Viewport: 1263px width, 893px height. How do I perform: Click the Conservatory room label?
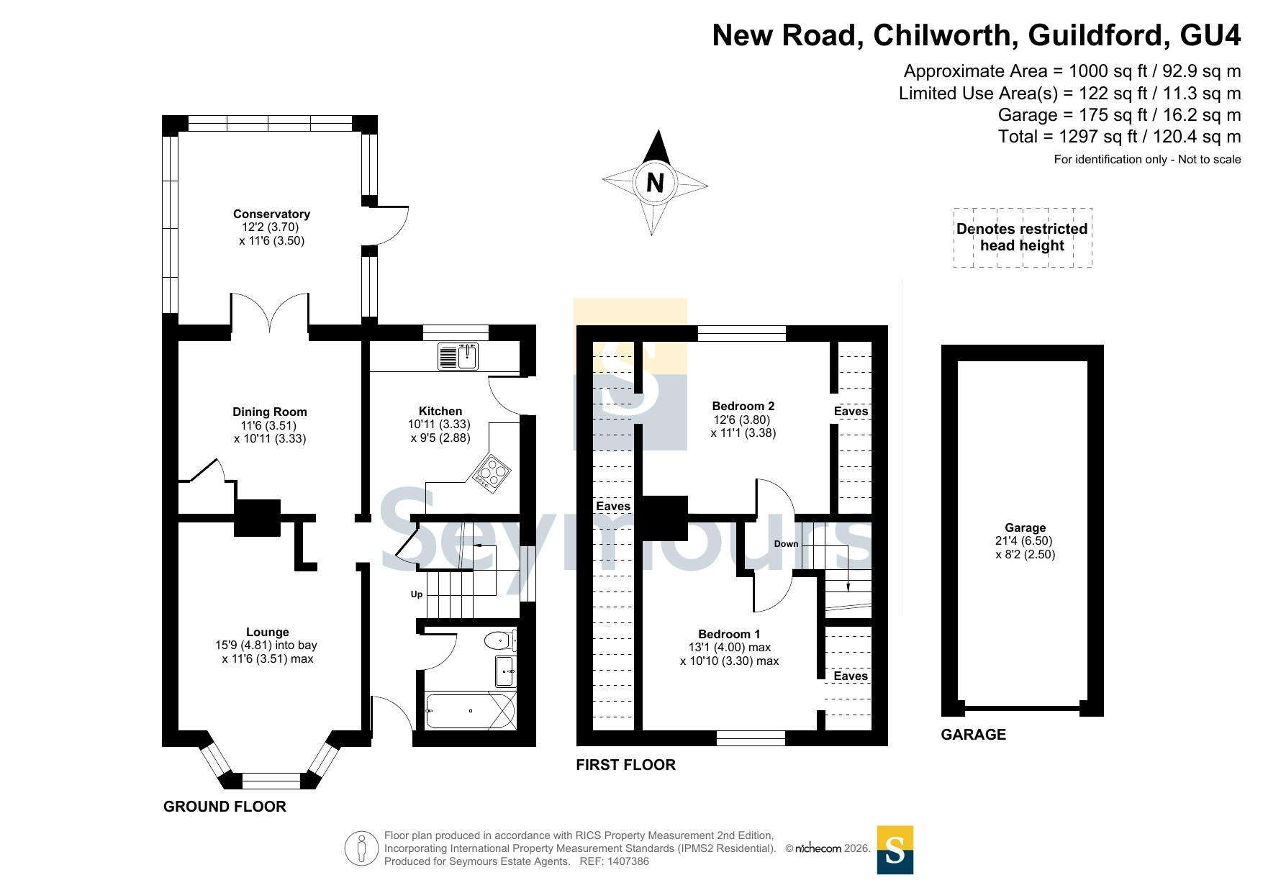[271, 214]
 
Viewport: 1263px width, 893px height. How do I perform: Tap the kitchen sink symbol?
[458, 356]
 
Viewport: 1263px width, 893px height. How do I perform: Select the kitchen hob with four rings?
[492, 473]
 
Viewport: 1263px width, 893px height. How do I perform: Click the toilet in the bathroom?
[499, 640]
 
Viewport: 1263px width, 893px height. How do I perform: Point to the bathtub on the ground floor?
[470, 710]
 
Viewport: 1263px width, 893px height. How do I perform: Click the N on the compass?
[655, 183]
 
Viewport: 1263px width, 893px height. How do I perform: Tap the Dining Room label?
[270, 412]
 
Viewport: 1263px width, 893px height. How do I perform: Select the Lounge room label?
[267, 632]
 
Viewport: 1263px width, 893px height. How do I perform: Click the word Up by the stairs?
[417, 594]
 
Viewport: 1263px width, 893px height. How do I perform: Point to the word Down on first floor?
[786, 544]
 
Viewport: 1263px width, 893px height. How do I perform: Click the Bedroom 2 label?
[743, 406]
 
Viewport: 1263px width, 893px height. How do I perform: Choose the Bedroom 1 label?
[729, 634]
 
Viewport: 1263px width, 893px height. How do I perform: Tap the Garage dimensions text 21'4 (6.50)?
[1024, 541]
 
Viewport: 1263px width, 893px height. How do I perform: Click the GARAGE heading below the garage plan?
[973, 735]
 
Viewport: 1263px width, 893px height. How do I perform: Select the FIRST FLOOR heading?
[625, 765]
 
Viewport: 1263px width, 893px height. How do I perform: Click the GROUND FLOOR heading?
[225, 807]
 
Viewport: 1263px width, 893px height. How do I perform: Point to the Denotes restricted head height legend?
[1022, 237]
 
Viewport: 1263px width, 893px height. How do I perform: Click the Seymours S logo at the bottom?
[895, 850]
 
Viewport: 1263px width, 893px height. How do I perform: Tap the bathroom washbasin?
[504, 671]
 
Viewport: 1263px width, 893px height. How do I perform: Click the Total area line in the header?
[1119, 137]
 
